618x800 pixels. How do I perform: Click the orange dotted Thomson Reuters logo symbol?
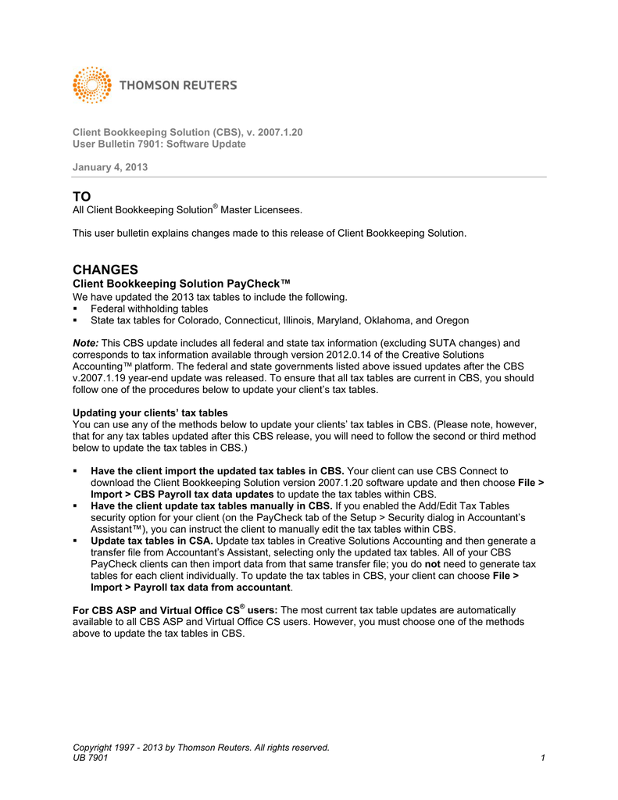coord(92,84)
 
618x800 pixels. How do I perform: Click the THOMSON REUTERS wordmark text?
coord(178,85)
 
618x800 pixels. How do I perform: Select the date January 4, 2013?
coord(110,167)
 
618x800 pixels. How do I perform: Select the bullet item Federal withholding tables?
coord(149,309)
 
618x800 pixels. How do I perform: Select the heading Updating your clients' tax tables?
coord(150,412)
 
